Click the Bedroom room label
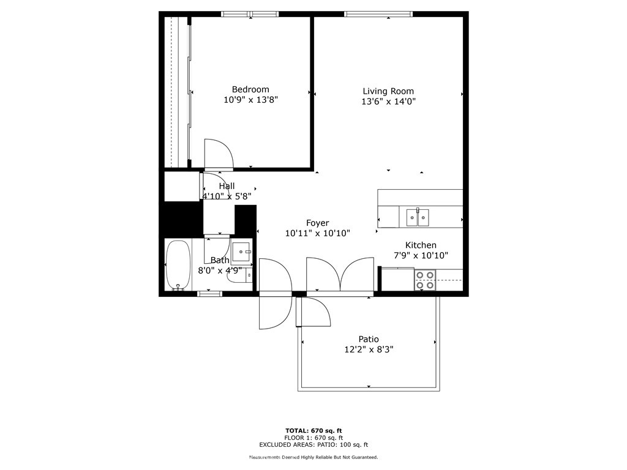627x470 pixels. click(250, 89)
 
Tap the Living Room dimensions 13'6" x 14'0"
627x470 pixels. click(388, 102)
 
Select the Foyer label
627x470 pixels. click(318, 223)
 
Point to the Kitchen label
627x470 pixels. click(421, 245)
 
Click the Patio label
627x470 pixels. click(368, 339)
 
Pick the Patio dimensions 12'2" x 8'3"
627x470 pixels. click(369, 349)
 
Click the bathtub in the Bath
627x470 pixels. click(178, 264)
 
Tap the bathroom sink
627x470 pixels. click(241, 252)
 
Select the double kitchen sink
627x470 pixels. click(418, 217)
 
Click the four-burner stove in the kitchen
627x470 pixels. click(425, 280)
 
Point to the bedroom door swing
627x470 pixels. click(219, 155)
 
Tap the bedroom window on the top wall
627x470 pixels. click(250, 14)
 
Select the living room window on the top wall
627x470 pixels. click(378, 14)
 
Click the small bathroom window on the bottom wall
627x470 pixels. click(209, 294)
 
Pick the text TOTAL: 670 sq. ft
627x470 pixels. click(313, 431)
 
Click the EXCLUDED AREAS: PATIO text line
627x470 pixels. click(313, 445)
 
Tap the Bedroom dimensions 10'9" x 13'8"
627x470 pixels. click(250, 100)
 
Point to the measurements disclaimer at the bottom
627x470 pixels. click(313, 457)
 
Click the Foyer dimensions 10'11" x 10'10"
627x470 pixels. click(318, 233)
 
